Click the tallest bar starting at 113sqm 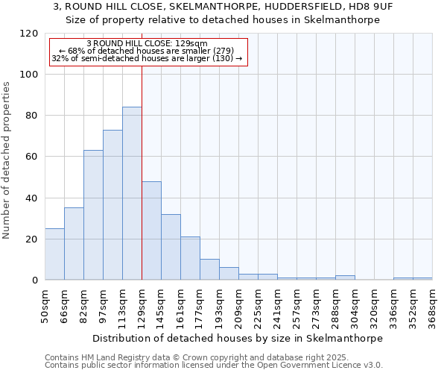[x=132, y=193]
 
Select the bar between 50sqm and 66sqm [x=54, y=254]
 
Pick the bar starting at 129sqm [x=151, y=231]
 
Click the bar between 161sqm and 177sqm [x=190, y=258]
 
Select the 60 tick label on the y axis [x=33, y=157]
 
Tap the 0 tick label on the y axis [x=35, y=280]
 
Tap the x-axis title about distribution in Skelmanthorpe [x=238, y=338]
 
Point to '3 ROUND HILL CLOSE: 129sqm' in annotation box [x=147, y=43]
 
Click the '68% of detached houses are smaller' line [x=147, y=51]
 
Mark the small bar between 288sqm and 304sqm [x=345, y=278]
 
